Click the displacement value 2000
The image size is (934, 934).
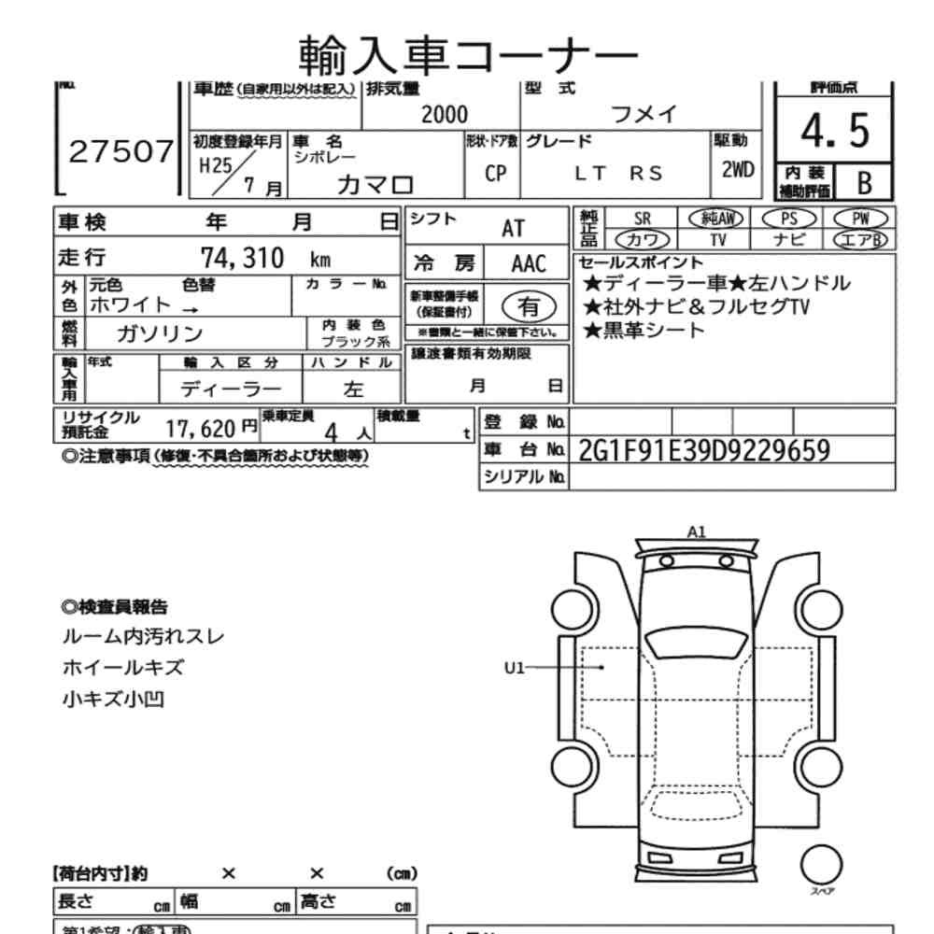click(x=445, y=114)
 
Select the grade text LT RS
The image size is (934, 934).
click(x=618, y=171)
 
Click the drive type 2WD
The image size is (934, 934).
click(x=738, y=171)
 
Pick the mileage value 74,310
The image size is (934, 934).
click(x=242, y=258)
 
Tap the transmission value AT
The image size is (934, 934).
click(x=513, y=228)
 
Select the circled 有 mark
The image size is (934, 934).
click(x=529, y=304)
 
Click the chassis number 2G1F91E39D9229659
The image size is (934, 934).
click(x=704, y=450)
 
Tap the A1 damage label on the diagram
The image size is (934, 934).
click(x=696, y=531)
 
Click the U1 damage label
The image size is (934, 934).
click(x=517, y=667)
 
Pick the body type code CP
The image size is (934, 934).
click(x=494, y=175)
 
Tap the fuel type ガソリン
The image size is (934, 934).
click(x=160, y=333)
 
